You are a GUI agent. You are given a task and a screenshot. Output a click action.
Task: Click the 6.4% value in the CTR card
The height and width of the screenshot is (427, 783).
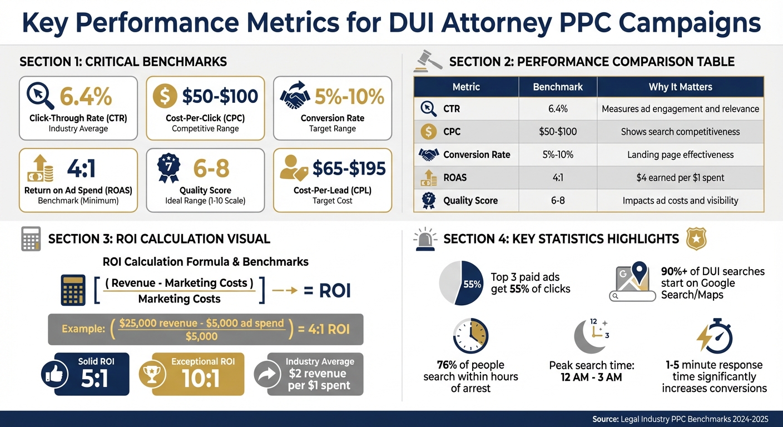[86, 96]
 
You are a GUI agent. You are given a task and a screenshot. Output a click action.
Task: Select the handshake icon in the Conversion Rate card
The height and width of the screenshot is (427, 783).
[295, 96]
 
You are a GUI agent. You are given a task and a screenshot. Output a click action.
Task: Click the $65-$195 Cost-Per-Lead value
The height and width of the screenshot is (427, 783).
[349, 168]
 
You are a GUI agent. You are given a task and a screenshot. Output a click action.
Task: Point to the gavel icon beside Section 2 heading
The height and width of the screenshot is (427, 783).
[428, 61]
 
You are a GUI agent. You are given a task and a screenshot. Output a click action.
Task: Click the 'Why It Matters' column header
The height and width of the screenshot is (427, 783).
[680, 87]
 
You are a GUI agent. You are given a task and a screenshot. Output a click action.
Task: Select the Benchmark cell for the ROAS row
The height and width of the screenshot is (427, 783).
[557, 178]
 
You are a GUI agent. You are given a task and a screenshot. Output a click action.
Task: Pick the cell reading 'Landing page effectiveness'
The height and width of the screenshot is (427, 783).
[680, 155]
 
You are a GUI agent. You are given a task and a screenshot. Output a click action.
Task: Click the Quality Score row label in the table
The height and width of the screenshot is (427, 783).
[470, 201]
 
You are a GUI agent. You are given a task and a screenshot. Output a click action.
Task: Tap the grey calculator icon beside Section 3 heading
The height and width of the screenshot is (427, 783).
[31, 239]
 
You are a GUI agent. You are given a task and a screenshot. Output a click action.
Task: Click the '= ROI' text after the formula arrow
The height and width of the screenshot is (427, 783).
[327, 290]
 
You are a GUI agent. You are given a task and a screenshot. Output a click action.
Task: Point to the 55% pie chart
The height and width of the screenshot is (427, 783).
[461, 283]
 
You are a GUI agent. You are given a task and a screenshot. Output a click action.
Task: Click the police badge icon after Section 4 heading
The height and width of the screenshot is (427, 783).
[696, 239]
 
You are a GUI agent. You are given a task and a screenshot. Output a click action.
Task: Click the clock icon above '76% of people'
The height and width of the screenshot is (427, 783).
[470, 336]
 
